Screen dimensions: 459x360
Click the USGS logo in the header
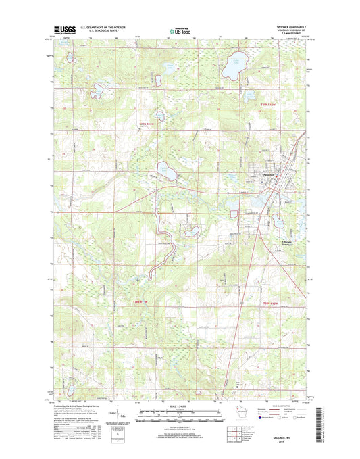point(62,30)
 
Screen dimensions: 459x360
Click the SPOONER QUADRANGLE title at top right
point(288,27)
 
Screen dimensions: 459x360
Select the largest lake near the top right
point(233,66)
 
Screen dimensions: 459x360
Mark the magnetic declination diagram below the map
point(122,414)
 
